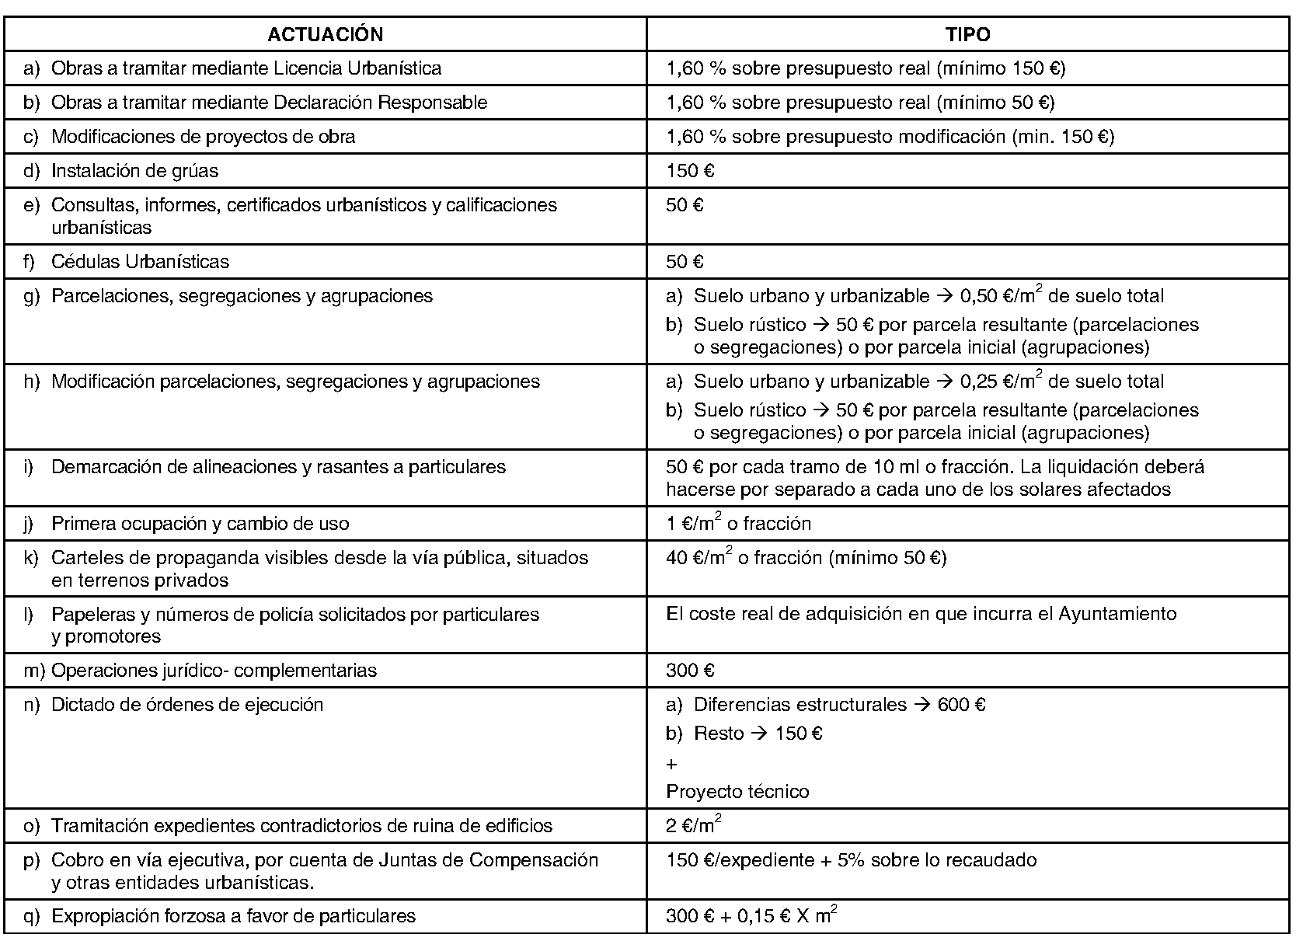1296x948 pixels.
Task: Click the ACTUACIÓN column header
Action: point(325,34)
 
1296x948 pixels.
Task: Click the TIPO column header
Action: point(967,34)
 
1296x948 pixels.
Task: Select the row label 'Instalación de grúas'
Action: point(134,171)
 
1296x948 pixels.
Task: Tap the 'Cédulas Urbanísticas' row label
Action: point(140,262)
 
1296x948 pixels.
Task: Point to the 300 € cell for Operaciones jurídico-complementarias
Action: point(690,671)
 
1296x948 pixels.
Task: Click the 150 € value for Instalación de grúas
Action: point(690,171)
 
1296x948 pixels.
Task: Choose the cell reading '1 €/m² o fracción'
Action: point(738,524)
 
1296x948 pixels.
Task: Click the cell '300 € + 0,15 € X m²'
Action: point(751,916)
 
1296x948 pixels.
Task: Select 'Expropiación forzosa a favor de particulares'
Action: point(233,916)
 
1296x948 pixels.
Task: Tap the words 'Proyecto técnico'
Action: point(737,792)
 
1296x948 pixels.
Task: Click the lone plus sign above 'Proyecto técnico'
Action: point(672,765)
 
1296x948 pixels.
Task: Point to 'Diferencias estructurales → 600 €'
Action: point(839,705)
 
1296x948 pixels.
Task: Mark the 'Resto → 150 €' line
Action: point(758,734)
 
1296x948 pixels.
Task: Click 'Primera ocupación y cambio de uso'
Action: point(200,524)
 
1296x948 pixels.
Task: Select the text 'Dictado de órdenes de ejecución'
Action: point(186,705)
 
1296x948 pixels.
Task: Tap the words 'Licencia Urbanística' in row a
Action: point(357,68)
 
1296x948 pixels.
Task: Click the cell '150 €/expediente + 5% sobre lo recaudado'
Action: point(851,860)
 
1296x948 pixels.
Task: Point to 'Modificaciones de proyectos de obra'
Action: point(203,137)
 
